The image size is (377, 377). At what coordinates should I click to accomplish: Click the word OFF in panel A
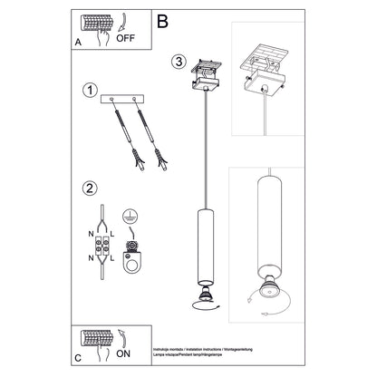click(x=127, y=39)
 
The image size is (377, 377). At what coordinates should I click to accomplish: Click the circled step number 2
click(x=89, y=188)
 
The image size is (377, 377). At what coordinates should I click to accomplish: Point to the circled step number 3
click(x=179, y=62)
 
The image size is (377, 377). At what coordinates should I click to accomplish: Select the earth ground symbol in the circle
click(x=135, y=215)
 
